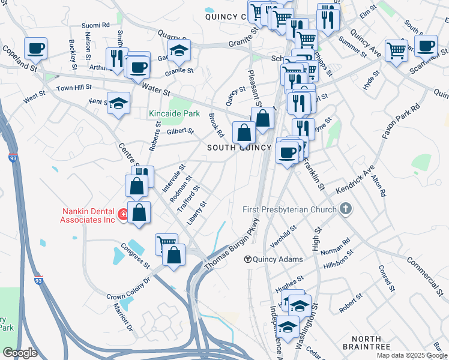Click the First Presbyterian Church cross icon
(345, 209)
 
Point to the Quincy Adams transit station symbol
(247, 259)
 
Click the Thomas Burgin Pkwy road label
(232, 246)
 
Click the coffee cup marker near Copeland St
(35, 48)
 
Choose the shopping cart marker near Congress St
(166, 244)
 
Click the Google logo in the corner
(19, 353)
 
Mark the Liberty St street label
(196, 213)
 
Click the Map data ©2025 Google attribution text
(412, 355)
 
